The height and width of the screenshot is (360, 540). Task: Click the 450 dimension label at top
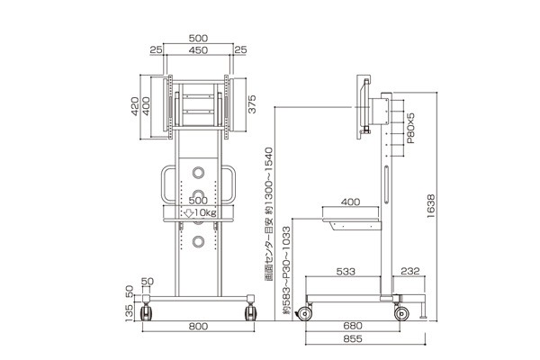point(198,50)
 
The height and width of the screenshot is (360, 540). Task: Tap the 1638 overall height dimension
point(431,206)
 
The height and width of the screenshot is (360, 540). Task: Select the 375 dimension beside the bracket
point(252,104)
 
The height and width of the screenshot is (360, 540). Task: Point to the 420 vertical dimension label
point(135,106)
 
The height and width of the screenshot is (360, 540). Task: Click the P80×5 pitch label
point(410,128)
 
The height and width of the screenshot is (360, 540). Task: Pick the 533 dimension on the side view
point(346,272)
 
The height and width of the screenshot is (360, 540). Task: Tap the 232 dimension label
point(410,271)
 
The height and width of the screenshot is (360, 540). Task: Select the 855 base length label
point(353,338)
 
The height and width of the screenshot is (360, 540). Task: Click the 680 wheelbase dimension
point(353,326)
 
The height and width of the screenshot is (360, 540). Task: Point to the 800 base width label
point(198,326)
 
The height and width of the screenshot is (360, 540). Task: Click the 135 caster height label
point(129,313)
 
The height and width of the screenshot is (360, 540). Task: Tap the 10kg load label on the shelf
point(201,213)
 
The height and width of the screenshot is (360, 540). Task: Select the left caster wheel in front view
point(146,312)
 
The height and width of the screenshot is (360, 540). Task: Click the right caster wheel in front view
point(250,312)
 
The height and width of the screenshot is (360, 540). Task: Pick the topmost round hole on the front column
point(198,173)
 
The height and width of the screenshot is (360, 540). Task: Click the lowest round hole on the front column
point(198,241)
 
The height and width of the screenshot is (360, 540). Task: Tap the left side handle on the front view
point(163,184)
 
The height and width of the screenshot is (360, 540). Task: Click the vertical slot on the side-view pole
point(386,184)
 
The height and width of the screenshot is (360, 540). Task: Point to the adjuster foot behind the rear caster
point(423,310)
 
